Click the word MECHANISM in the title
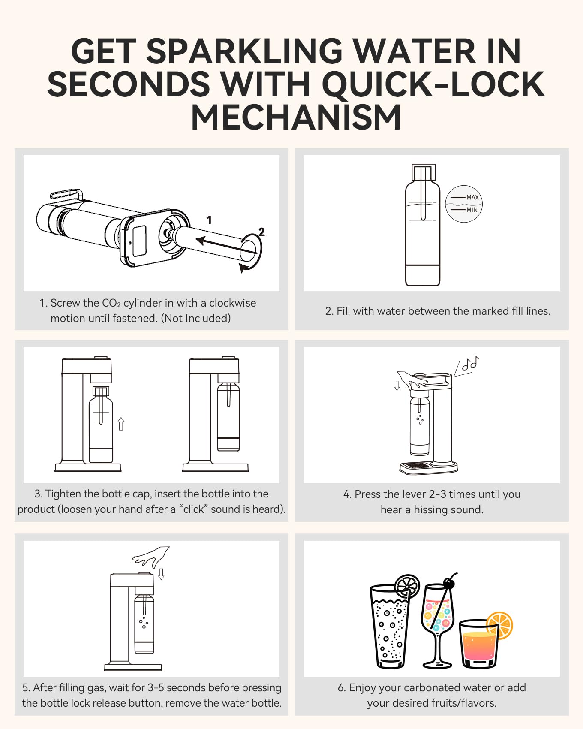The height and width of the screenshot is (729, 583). (x=296, y=118)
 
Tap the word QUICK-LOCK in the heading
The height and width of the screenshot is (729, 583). (x=433, y=84)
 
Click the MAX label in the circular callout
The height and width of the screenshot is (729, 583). (x=472, y=197)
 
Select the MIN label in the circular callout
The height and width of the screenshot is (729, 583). (x=472, y=210)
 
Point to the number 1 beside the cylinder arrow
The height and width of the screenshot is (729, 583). (x=209, y=220)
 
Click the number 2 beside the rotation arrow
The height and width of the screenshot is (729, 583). (x=261, y=232)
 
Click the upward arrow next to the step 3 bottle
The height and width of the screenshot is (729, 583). (x=121, y=424)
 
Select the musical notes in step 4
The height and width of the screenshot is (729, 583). (x=470, y=364)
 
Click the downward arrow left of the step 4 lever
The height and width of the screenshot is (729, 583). (x=397, y=385)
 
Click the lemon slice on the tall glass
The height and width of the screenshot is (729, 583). (x=407, y=586)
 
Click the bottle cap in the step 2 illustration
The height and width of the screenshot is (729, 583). (x=423, y=172)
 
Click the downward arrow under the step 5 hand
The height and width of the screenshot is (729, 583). (x=162, y=574)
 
